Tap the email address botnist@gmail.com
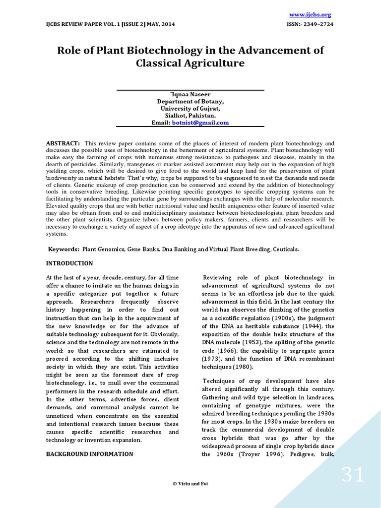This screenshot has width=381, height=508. coord(200,123)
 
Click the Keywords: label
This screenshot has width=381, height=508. coord(64,250)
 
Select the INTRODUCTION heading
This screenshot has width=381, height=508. coord(69,263)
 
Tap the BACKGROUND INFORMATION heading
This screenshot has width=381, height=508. coord(89,454)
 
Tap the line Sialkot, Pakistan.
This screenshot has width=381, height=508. coord(190,115)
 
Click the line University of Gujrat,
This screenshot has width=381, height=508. coord(190,108)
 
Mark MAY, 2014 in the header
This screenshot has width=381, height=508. coord(159,24)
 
